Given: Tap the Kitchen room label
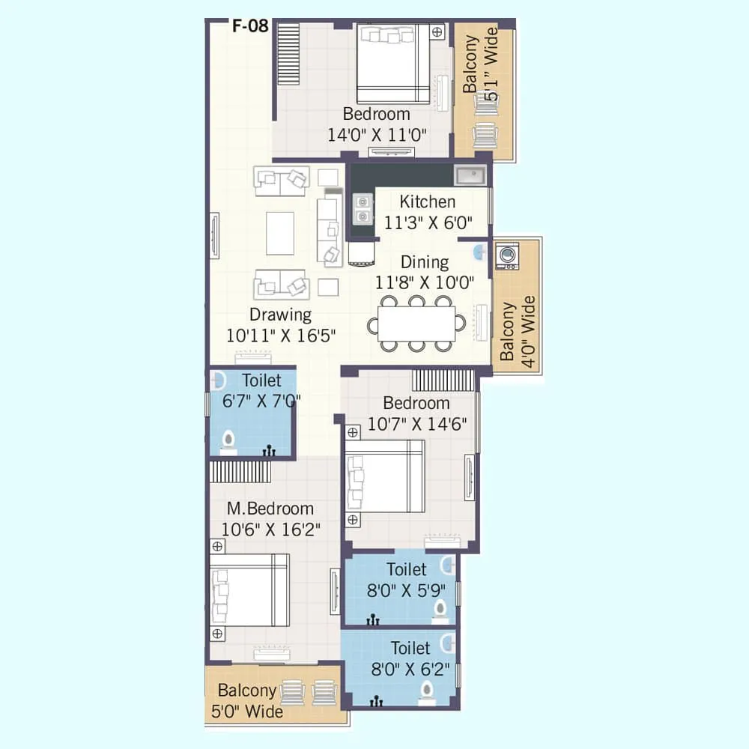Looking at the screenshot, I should pyautogui.click(x=427, y=201).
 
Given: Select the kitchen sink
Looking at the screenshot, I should pyautogui.click(x=471, y=175).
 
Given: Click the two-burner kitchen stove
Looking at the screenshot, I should pyautogui.click(x=363, y=209).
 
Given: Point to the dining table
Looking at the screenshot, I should pyautogui.click(x=416, y=324).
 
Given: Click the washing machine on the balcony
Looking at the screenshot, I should pyautogui.click(x=507, y=255).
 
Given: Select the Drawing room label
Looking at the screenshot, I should pyautogui.click(x=280, y=315).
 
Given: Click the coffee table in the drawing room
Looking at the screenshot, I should pyautogui.click(x=279, y=234).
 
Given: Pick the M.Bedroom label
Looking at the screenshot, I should pyautogui.click(x=270, y=509).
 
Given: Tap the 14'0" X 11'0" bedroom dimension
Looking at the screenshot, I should pyautogui.click(x=377, y=136).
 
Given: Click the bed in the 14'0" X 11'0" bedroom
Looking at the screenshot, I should pyautogui.click(x=392, y=64).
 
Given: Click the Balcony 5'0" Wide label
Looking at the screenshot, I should pyautogui.click(x=249, y=700).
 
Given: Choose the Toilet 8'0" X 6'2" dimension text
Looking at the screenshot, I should pyautogui.click(x=410, y=668).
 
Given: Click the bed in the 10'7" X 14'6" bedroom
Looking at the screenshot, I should pyautogui.click(x=386, y=476).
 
